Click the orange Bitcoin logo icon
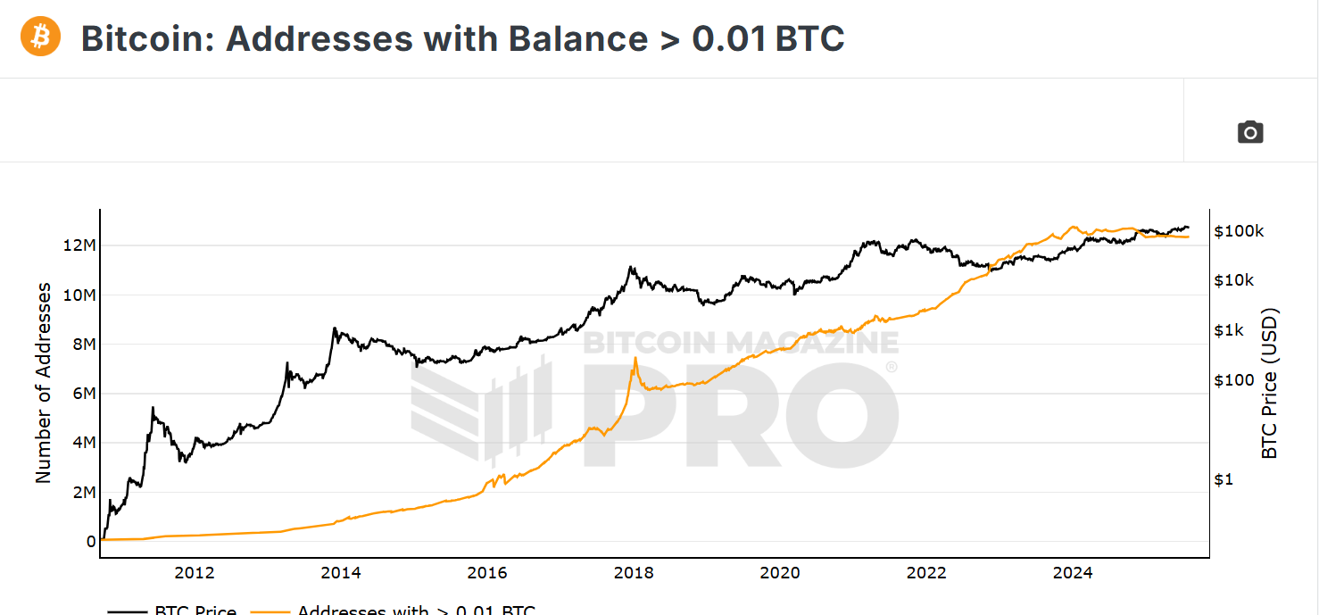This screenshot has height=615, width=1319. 40,37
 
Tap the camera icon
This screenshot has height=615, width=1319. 1250,132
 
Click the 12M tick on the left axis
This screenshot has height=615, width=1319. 79,245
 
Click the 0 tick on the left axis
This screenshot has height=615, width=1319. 91,542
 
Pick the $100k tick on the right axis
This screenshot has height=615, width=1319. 1239,231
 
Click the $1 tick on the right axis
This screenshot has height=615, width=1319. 1224,479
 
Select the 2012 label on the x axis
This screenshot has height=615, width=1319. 195,572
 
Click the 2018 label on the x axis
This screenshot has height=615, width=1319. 634,572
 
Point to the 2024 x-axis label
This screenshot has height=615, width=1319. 1072,572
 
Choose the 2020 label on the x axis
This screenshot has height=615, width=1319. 780,572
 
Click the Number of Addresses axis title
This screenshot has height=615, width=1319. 44,383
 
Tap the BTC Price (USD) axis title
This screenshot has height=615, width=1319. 1270,383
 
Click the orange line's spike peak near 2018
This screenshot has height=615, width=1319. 635,358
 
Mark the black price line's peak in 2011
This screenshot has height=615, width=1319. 153,408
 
